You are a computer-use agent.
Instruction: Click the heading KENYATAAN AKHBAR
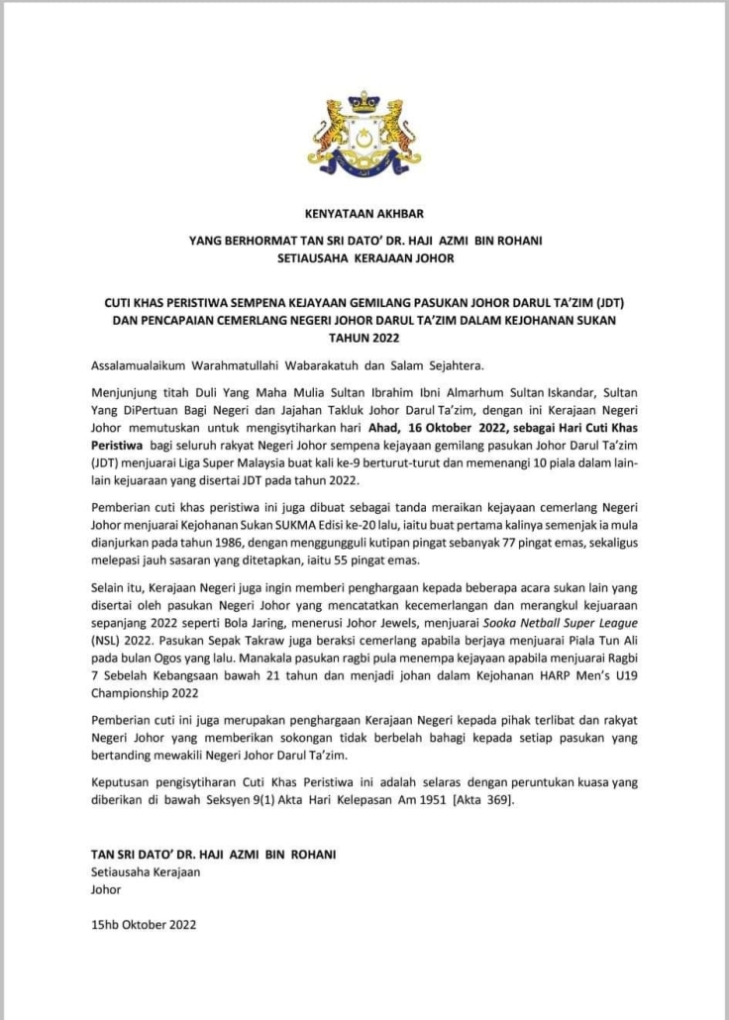[364, 212]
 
